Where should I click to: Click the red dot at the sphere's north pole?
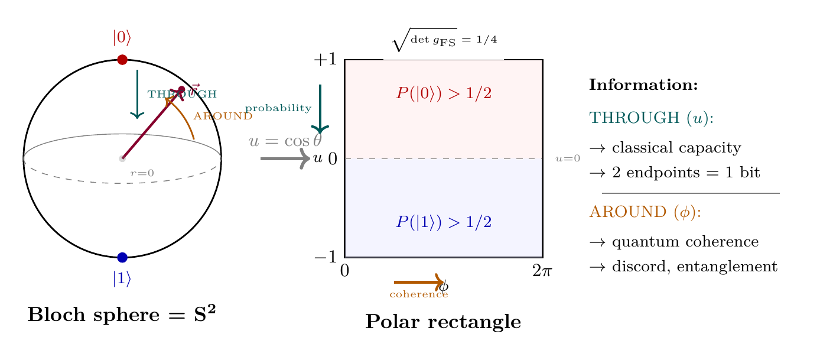pos(122,60)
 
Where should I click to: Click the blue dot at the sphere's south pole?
pos(122,257)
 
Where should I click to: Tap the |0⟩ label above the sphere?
pos(122,38)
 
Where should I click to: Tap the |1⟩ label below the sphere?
pos(122,278)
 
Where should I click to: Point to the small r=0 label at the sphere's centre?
pos(142,173)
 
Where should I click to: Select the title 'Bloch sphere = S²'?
pos(122,314)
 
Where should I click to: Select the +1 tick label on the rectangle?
pos(324,60)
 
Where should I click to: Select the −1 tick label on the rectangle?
pos(324,257)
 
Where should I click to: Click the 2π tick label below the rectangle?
pos(542,271)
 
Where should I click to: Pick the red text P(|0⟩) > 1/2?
pos(444,93)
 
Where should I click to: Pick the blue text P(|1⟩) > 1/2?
pos(444,222)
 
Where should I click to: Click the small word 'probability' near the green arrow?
pos(278,108)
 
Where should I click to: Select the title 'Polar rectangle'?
pos(443,322)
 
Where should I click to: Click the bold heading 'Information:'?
pos(644,85)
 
